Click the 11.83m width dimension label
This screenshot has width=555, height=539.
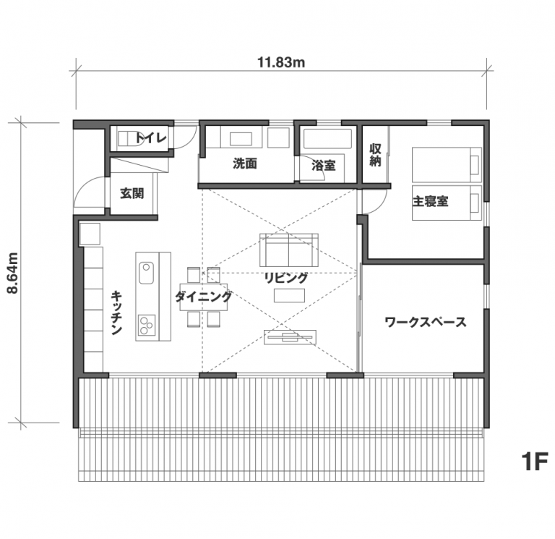point(281,62)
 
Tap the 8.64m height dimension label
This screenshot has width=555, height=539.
point(13,273)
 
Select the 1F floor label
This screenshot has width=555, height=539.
point(535,462)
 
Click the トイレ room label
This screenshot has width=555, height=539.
point(151,138)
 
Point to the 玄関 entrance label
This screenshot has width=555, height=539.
point(132,193)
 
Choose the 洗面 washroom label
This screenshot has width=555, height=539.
point(244,164)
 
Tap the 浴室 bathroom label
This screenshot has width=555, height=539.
point(323,166)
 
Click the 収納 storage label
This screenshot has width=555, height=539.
point(375,155)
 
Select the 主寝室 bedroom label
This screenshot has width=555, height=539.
point(430,201)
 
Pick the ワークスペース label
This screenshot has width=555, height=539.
point(425,322)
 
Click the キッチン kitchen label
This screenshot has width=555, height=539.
point(116,313)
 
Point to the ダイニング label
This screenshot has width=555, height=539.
point(204,296)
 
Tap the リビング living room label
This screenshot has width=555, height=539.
point(286,278)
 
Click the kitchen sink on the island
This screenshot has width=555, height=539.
point(146,273)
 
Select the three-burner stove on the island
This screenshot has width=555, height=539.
point(146,325)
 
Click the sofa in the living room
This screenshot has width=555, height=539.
point(289,250)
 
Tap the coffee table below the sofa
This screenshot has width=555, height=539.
point(289,296)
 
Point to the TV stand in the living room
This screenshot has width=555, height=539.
point(290,337)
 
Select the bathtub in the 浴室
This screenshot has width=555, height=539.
point(327,139)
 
